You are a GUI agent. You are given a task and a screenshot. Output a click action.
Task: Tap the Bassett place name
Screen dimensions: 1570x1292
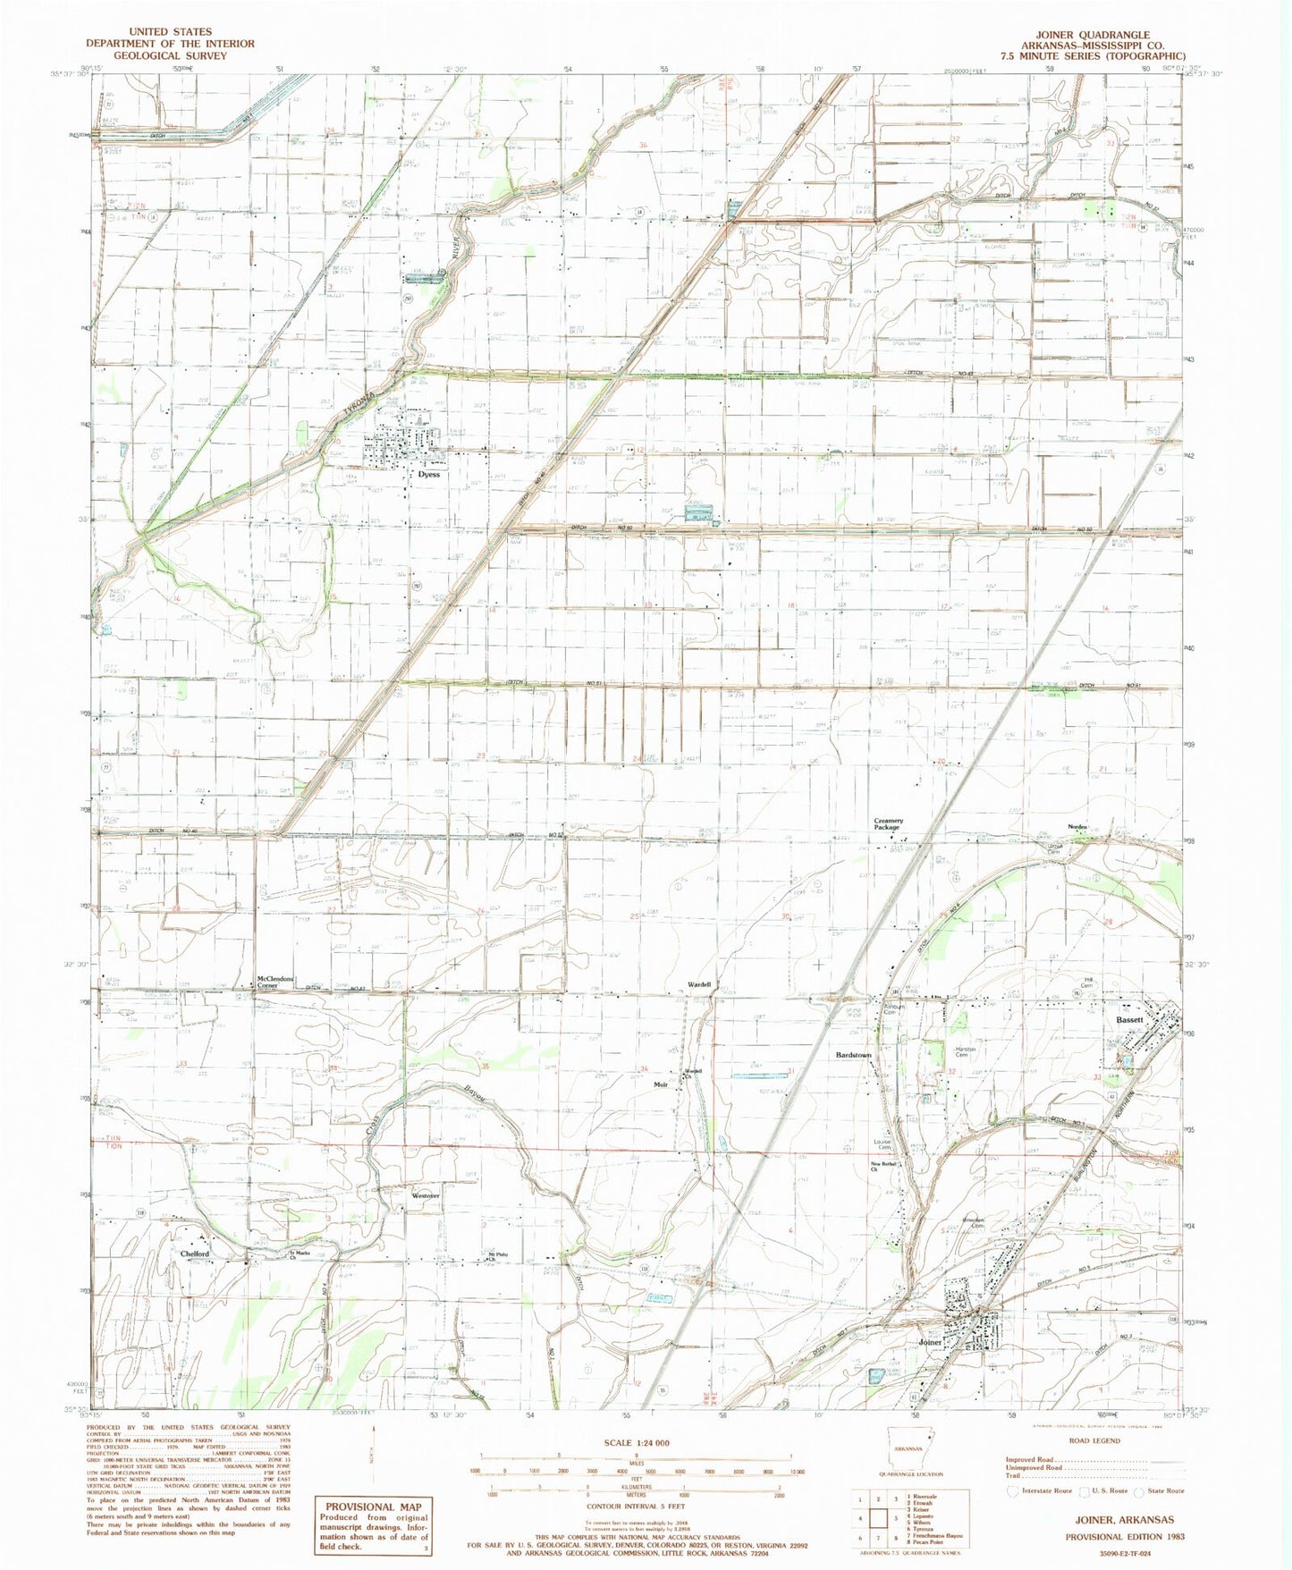[1129, 1020]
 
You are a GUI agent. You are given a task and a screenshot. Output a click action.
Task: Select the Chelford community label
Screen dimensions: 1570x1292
[194, 1253]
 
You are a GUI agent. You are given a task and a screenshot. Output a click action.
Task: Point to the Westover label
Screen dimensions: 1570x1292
[426, 1195]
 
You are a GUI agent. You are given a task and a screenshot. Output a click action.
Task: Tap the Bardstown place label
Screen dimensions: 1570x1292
[853, 1055]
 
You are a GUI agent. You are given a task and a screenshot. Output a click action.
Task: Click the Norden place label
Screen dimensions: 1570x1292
[1077, 827]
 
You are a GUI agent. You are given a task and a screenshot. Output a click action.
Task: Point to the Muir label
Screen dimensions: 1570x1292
[661, 1084]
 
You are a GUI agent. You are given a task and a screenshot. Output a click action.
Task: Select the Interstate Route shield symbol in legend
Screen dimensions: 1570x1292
[1013, 1490]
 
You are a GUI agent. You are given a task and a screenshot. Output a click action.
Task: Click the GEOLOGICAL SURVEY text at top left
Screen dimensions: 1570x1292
[157, 55]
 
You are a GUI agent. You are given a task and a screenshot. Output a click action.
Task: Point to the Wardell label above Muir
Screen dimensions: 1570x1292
[699, 984]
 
